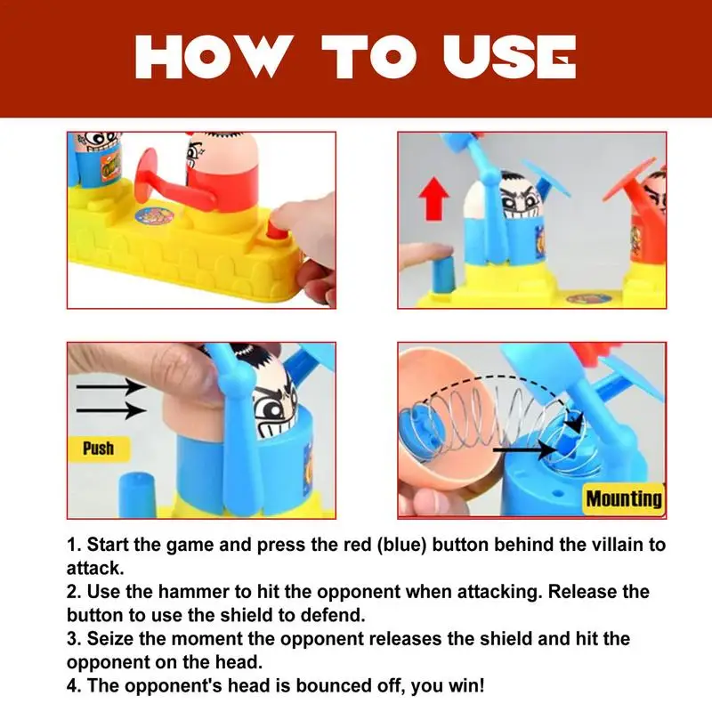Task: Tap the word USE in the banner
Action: pos(509,57)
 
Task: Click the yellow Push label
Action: pos(99,449)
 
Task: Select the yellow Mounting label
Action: pos(624,498)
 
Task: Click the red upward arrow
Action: pos(434,198)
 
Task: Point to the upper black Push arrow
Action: pos(110,387)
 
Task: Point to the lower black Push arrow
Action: pos(110,411)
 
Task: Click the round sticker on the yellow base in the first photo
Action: pos(154,216)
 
